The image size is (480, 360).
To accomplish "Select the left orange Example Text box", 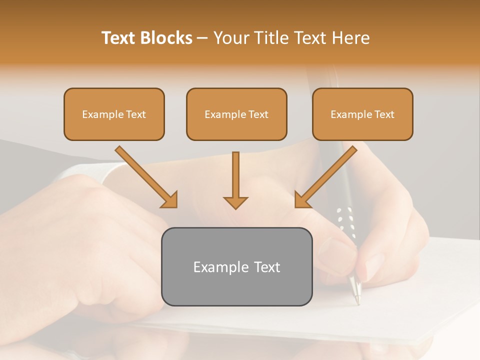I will tap(114, 114).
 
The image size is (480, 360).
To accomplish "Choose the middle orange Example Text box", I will tap(236, 114).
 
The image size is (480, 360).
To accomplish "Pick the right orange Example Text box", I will tap(362, 114).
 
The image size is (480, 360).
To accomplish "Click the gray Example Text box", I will tap(236, 266).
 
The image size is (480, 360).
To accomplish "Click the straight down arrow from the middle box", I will tap(235, 180).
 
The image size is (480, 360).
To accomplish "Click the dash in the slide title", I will tap(202, 38).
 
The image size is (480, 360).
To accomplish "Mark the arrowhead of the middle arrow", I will tap(235, 202).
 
